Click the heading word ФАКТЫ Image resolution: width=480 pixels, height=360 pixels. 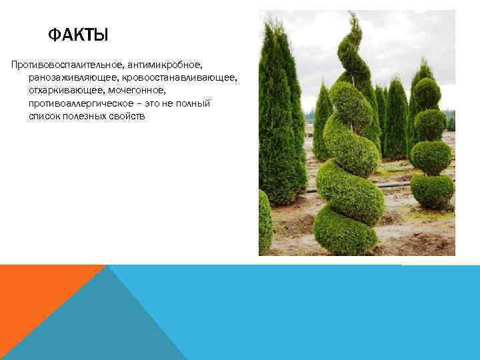[x=78, y=34]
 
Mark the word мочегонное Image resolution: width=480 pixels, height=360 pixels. [x=137, y=91]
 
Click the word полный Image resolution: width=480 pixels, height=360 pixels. [x=193, y=105]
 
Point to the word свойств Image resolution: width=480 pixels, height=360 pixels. [x=135, y=117]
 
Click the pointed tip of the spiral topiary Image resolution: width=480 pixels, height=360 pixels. [x=356, y=17]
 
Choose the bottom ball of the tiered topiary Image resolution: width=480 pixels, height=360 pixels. [x=432, y=191]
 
